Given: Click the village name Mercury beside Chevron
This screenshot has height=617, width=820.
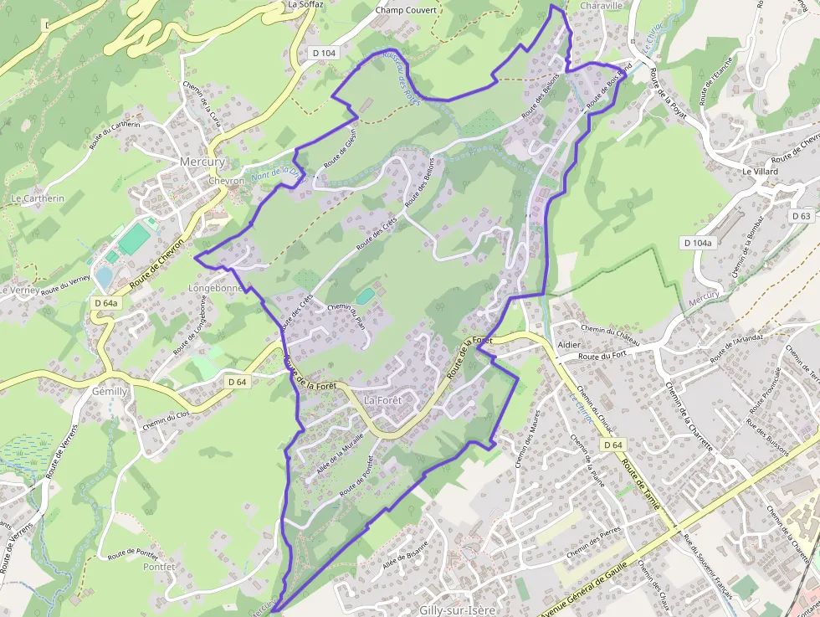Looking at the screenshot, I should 202,162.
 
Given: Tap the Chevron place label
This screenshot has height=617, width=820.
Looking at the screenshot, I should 227,181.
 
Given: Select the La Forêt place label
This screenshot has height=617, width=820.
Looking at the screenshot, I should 383,400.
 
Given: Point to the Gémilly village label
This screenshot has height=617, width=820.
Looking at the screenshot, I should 110,392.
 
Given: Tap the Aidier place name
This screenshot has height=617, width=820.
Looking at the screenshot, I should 569,345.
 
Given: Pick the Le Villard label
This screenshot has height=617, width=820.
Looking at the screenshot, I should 760,172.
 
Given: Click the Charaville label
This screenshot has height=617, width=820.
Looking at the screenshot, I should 601,5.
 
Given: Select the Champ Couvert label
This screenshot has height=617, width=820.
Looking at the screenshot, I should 406,11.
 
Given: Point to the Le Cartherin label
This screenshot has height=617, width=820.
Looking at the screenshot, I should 38,198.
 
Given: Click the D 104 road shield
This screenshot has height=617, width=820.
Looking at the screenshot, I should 324,53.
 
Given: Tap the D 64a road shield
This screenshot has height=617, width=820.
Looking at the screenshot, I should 106,303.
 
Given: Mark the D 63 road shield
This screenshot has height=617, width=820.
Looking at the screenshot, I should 801,216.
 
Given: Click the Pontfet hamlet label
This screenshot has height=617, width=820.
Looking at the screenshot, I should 158,567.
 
